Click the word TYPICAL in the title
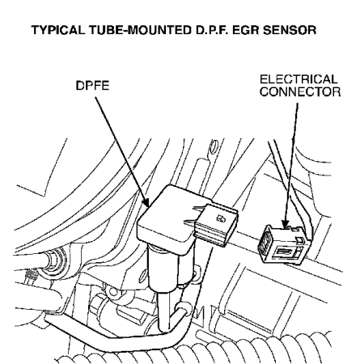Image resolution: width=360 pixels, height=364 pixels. pos(58,30)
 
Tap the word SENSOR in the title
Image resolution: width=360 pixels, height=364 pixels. pos(289,30)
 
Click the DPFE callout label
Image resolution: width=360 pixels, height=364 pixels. pos(92,86)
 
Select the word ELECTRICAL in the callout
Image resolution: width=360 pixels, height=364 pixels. pos(299,79)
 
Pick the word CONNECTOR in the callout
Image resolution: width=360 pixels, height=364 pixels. pos(300,91)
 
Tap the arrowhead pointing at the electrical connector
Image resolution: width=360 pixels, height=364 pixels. pos(285,223)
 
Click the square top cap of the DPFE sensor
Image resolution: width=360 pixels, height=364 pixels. pos(167,213)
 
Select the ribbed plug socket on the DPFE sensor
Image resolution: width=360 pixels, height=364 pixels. pos(216,225)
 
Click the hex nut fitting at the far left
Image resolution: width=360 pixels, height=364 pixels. pos(55,259)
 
